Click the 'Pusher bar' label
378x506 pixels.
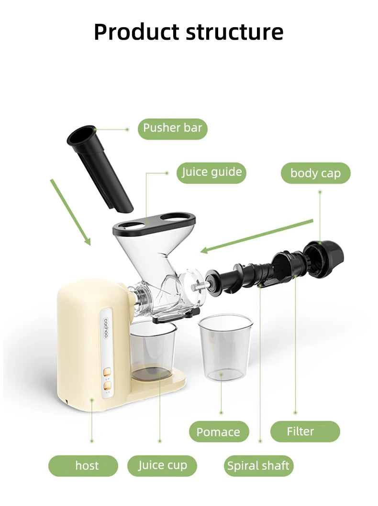point(173,129)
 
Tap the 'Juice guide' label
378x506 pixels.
point(211,172)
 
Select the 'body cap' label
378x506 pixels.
point(316,173)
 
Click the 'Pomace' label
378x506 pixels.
point(219,431)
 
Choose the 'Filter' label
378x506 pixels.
point(305,431)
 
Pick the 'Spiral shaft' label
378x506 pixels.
point(258,466)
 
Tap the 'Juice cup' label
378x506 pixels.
point(162,466)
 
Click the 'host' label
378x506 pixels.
point(83,466)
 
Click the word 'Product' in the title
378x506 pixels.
point(137,32)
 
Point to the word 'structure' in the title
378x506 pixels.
point(235,32)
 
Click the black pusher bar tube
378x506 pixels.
point(100,169)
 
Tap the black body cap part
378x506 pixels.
point(324,258)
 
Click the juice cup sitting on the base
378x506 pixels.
point(153,350)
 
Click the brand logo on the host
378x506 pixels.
point(106,329)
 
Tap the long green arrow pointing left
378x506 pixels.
point(257,236)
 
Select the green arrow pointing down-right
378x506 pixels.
point(70,212)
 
